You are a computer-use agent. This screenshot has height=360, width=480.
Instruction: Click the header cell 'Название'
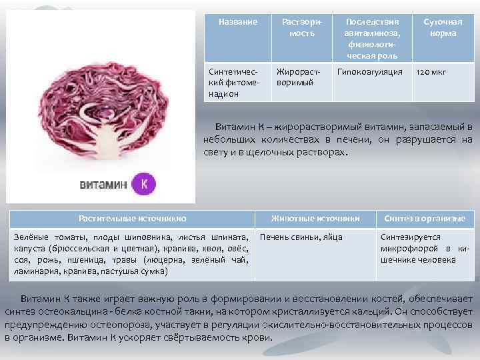pos(238,22)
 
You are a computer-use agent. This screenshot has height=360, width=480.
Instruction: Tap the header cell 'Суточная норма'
pos(443,27)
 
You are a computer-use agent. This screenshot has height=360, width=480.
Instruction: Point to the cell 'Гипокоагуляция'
pos(370,71)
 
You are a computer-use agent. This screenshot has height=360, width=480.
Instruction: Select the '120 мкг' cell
pos(432,71)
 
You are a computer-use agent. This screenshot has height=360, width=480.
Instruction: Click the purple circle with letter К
pos(143,184)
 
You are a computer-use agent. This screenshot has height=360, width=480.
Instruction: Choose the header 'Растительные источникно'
pos(132,218)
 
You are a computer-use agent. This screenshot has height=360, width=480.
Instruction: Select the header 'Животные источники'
pos(315,218)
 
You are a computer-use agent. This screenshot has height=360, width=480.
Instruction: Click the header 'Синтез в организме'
pos(425,218)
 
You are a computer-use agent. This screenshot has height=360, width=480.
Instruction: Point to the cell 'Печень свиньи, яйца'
pos(301,237)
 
